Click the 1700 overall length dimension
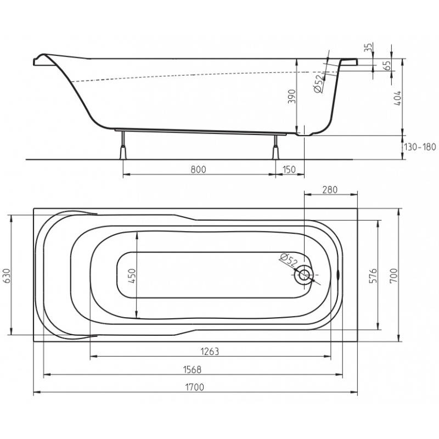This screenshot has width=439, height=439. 195,387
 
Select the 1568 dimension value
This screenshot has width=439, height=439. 192,369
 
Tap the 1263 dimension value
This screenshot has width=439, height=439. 210,351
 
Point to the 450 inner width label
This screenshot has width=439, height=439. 132,275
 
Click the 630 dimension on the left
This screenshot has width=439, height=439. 6,276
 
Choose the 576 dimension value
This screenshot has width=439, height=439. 373,275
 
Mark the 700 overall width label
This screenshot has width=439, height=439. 393,275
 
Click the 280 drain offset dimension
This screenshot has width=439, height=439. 330,189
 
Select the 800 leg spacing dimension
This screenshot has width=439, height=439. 198,170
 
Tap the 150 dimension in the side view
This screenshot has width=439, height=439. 289,170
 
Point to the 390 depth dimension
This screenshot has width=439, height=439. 292,97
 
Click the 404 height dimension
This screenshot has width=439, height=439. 397,98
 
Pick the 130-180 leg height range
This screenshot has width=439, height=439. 420,147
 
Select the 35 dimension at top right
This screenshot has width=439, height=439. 369,47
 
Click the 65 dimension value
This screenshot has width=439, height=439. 387,65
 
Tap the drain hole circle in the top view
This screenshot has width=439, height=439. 304,275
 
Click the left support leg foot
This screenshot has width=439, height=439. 123,153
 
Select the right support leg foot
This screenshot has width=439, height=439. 276,153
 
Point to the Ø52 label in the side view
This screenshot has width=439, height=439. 319,84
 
